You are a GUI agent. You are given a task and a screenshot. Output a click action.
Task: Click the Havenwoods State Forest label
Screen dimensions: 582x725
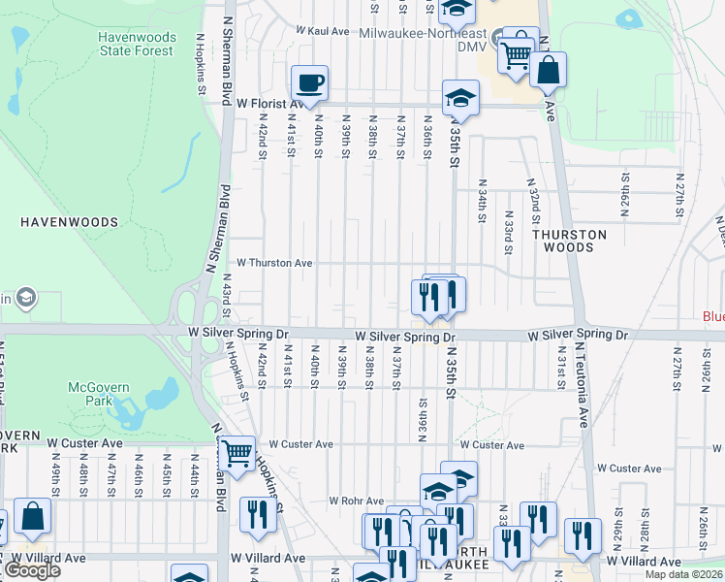pyautogui.click(x=137, y=45)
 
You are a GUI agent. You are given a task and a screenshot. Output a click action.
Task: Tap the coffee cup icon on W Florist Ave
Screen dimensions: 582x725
pyautogui.click(x=309, y=81)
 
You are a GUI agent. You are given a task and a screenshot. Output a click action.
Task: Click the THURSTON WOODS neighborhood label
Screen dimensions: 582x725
pyautogui.click(x=569, y=241)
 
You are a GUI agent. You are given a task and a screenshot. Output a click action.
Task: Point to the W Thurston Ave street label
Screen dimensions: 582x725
pyautogui.click(x=275, y=263)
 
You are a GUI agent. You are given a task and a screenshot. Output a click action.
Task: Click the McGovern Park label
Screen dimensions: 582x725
pyautogui.click(x=98, y=395)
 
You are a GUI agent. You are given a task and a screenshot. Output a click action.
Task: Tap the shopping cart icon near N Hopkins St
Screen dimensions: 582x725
pyautogui.click(x=236, y=452)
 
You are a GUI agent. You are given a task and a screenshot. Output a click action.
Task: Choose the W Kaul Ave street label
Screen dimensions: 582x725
pyautogui.click(x=323, y=31)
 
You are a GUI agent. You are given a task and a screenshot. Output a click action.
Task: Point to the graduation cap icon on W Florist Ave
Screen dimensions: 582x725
pyautogui.click(x=460, y=97)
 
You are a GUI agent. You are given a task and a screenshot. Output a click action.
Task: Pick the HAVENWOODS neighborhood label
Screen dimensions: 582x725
pyautogui.click(x=69, y=222)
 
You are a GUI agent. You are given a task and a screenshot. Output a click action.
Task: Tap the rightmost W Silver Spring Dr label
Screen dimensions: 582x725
pyautogui.click(x=578, y=335)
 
